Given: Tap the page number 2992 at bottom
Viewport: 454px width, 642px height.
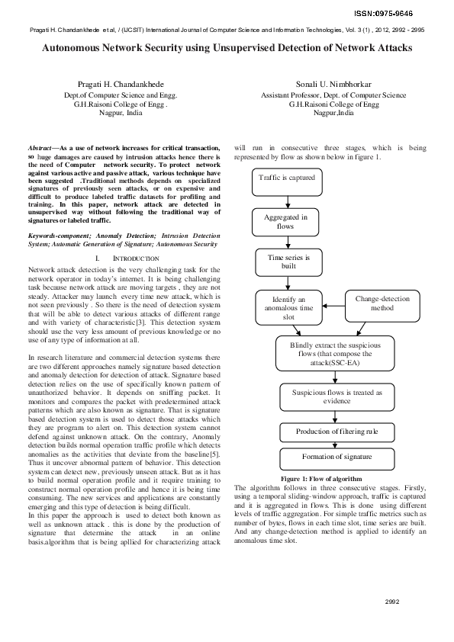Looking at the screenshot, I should (x=392, y=602).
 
